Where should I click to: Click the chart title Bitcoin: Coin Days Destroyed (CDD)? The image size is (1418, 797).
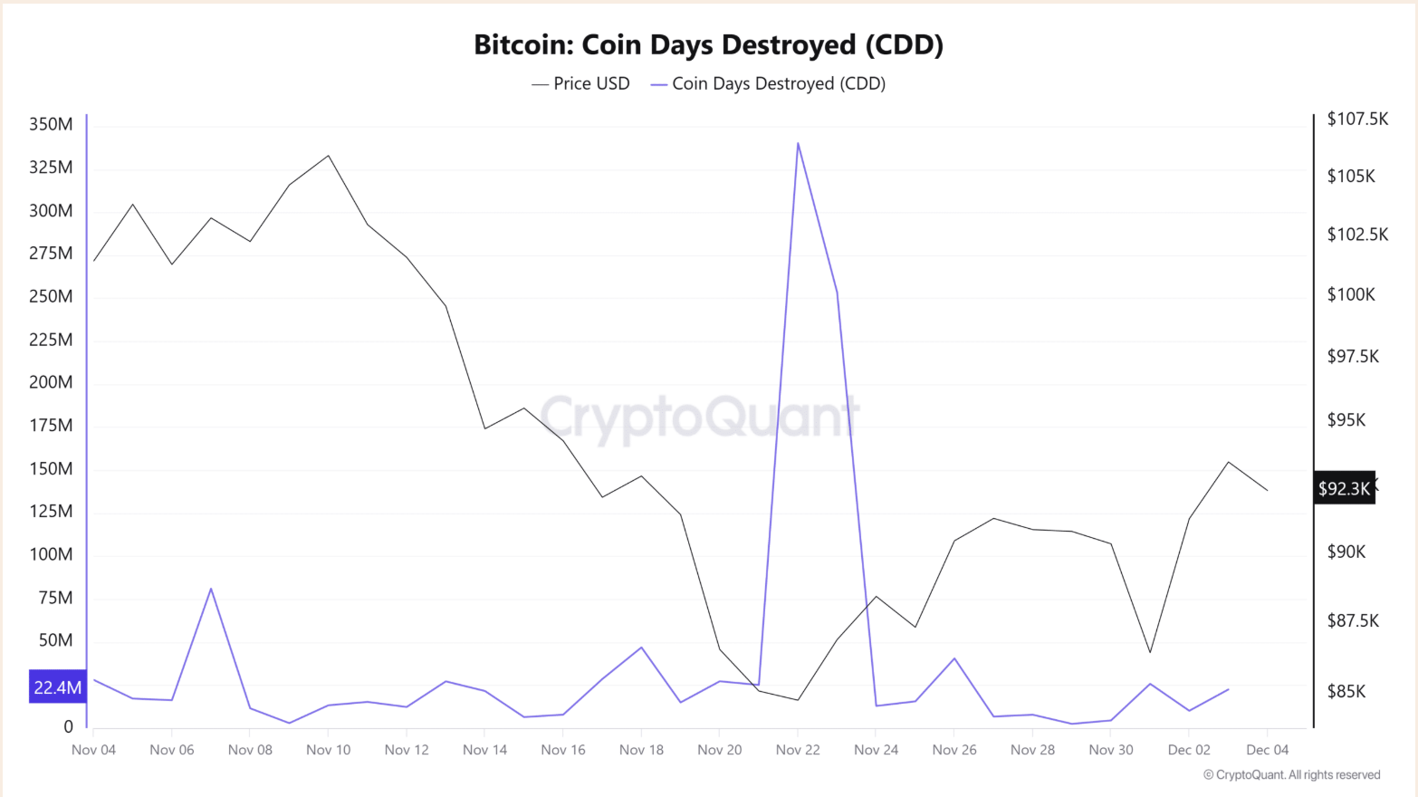(x=708, y=44)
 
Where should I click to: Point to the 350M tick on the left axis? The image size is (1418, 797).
(x=51, y=124)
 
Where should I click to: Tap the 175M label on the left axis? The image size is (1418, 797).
(x=51, y=425)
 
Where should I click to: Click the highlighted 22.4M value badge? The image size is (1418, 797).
(x=57, y=687)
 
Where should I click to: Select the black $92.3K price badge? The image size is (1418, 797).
(x=1345, y=488)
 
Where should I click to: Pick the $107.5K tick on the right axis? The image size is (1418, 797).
(x=1356, y=119)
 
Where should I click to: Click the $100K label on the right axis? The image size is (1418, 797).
(x=1350, y=294)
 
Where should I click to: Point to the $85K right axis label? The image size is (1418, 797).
(x=1346, y=691)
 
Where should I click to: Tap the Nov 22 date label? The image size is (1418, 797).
(x=798, y=750)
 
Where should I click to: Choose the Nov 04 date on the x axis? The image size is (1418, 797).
(x=93, y=750)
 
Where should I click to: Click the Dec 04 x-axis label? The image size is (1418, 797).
(x=1267, y=750)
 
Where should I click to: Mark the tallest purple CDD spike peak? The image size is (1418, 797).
(x=798, y=143)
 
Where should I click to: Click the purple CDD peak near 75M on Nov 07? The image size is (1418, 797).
(x=211, y=589)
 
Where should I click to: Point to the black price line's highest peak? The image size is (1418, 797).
(x=328, y=156)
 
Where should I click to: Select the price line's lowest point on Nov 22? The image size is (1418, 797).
(x=798, y=699)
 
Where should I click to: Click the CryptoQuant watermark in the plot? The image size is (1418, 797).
(x=699, y=418)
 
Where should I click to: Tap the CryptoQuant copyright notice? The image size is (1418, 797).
(x=1291, y=774)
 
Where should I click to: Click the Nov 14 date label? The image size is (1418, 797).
(x=484, y=750)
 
